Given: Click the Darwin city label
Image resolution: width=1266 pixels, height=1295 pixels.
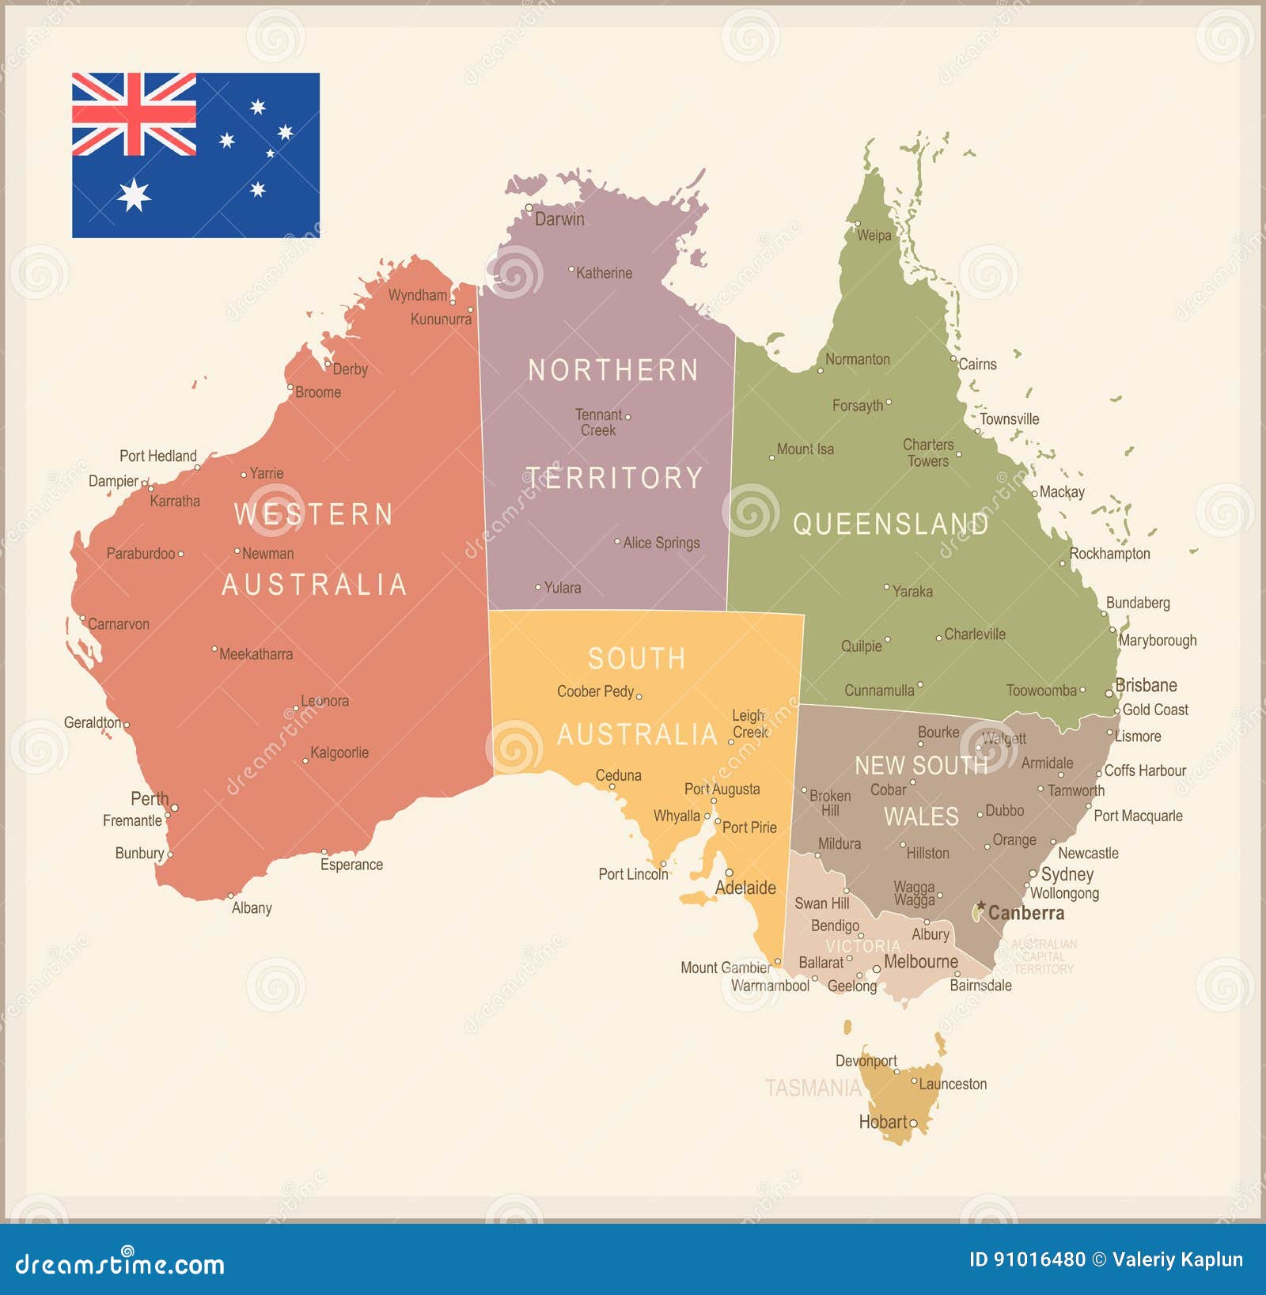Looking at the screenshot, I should click(x=559, y=219).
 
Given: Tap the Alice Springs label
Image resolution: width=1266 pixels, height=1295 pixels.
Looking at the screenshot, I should click(x=661, y=543).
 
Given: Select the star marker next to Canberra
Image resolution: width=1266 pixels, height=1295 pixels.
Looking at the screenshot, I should click(x=981, y=906).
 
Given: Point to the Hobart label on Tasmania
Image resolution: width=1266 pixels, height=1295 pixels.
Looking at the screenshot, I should click(x=883, y=1122).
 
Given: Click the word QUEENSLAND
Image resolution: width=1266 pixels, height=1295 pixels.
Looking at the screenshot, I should click(x=890, y=524).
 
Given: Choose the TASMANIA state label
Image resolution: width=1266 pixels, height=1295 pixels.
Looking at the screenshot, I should click(x=813, y=1089).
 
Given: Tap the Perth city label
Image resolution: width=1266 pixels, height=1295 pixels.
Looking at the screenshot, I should click(x=150, y=798).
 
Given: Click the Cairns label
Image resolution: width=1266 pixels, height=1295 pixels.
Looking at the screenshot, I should click(x=977, y=364).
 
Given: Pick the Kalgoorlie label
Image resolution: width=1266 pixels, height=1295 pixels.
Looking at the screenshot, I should click(x=339, y=752).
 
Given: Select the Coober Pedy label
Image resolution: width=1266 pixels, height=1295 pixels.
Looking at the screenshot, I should click(x=595, y=691).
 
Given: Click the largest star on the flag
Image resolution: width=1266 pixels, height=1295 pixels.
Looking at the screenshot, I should click(x=134, y=195).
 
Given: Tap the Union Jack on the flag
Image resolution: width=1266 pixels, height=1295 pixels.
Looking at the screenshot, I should click(x=134, y=115).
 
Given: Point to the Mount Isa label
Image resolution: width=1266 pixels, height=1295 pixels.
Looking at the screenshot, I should click(x=805, y=449).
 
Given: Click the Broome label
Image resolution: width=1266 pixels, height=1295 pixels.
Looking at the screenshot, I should click(x=318, y=392).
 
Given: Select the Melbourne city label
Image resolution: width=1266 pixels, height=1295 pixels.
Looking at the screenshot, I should click(x=920, y=962).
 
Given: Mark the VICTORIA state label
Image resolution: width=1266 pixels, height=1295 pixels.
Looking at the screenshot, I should click(x=862, y=946).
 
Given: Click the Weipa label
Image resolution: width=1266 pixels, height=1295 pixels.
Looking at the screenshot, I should click(x=874, y=235).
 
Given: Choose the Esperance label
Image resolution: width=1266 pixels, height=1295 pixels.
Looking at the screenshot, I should click(x=351, y=865).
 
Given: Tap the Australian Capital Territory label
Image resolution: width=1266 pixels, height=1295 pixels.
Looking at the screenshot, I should click(x=1044, y=956).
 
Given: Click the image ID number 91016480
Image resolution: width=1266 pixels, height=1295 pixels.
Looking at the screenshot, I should click(x=1027, y=1259).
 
